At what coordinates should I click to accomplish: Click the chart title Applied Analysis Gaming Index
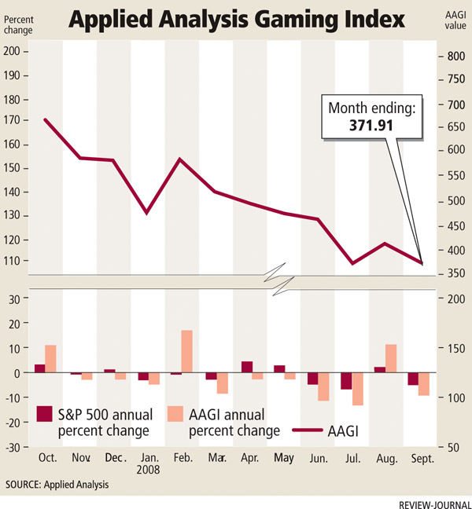coord(236,19)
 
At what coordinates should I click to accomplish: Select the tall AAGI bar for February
coord(186,352)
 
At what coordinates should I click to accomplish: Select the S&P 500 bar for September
coord(413,379)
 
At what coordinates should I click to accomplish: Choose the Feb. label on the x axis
coord(181,457)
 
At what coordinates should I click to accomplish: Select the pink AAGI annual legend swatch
coord(175,415)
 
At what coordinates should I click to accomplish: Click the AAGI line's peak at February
coord(181,159)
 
